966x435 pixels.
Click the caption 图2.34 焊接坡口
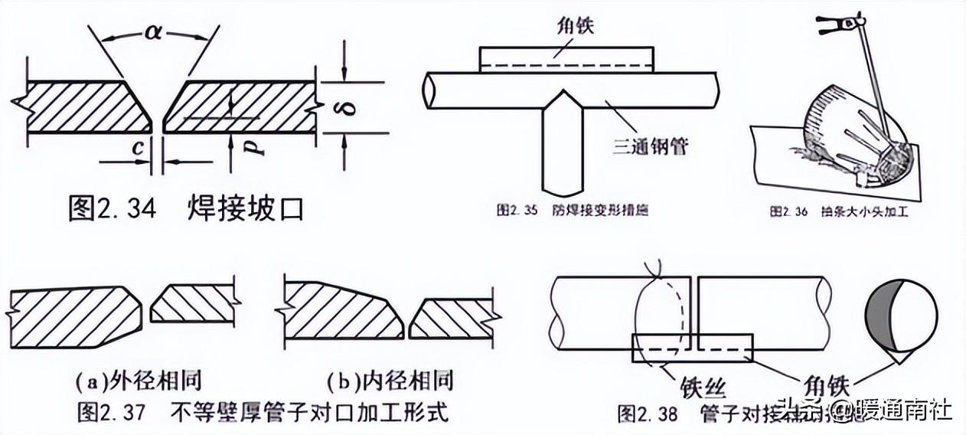pyautogui.click(x=185, y=208)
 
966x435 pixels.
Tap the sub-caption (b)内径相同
pyautogui.click(x=390, y=380)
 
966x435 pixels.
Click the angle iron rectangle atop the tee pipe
pyautogui.click(x=566, y=58)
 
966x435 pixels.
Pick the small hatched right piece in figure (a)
pyautogui.click(x=191, y=306)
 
